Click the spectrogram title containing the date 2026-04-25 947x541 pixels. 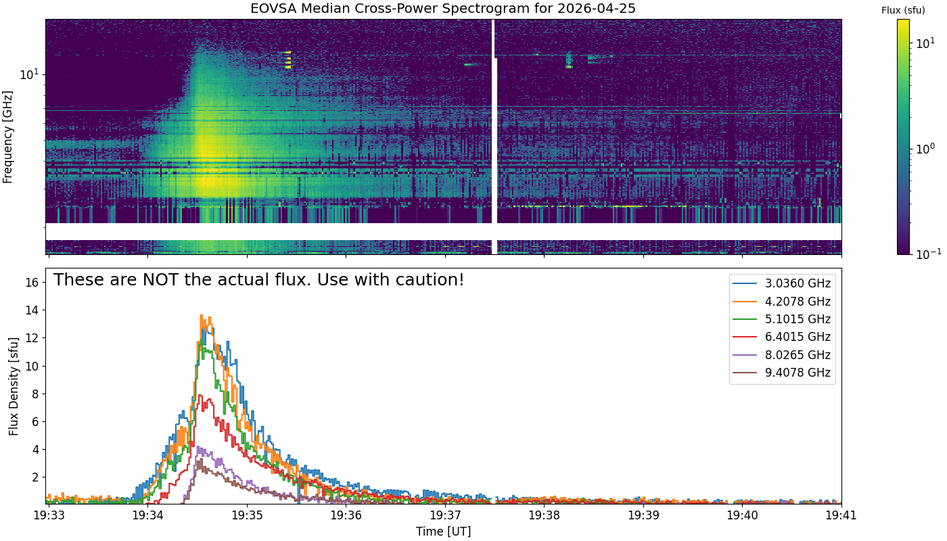[442, 8]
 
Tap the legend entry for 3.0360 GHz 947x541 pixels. [781, 283]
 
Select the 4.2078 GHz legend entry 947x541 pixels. [781, 302]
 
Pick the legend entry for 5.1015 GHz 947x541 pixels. [781, 319]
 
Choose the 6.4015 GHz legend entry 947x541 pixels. [781, 337]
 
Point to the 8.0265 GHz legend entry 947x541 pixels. [781, 354]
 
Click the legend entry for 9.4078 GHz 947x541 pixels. [781, 373]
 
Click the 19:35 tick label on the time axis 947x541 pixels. [247, 515]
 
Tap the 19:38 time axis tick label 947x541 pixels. [544, 515]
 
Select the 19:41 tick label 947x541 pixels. [841, 515]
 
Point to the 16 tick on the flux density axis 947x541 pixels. [32, 283]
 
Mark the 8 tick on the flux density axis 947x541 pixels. [35, 394]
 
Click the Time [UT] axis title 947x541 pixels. [444, 532]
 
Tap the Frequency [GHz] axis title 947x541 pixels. [7, 137]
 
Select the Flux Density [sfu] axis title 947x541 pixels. [14, 386]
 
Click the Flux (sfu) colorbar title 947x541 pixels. [903, 10]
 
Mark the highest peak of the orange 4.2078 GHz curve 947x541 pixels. [202, 315]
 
